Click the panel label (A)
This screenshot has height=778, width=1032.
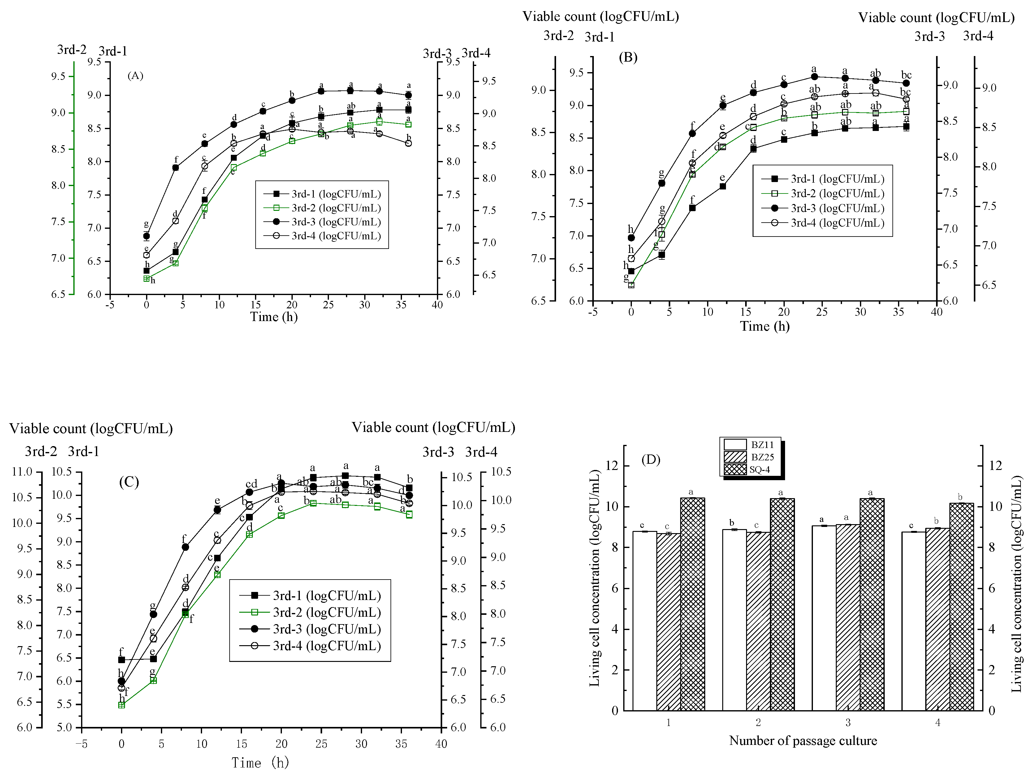(135, 76)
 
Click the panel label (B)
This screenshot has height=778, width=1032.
(628, 57)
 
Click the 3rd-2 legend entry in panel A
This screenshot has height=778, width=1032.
(322, 208)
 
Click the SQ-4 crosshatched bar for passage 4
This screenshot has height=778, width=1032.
(961, 607)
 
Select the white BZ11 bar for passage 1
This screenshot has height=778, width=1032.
(644, 621)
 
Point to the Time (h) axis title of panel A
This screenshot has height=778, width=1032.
(274, 317)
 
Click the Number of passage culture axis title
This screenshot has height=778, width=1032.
(802, 741)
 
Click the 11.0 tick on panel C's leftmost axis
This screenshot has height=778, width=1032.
(22, 472)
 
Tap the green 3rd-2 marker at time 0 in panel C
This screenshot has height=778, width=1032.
(122, 705)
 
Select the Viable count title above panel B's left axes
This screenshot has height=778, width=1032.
(600, 16)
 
